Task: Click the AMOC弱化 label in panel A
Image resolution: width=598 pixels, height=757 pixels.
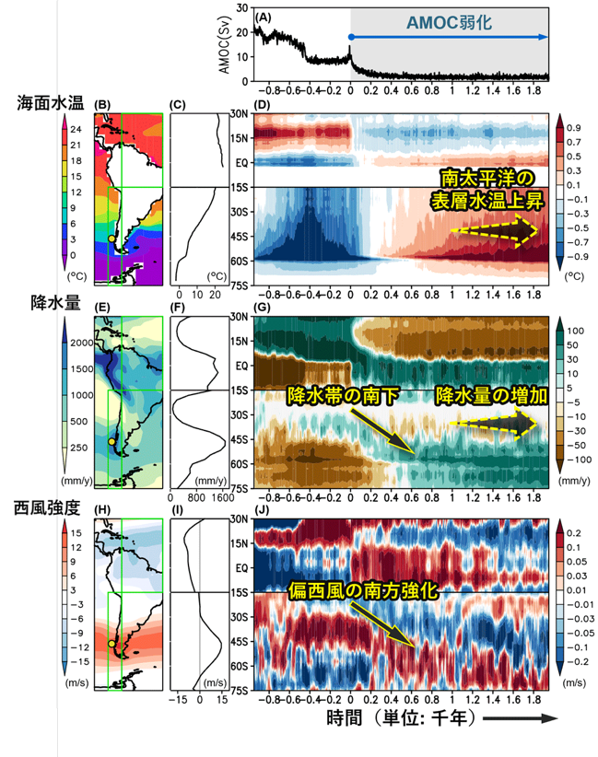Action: pyautogui.click(x=449, y=23)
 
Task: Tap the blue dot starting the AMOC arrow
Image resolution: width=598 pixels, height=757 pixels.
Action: pyautogui.click(x=351, y=37)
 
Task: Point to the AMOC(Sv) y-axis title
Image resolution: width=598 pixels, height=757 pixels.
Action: pyautogui.click(x=224, y=44)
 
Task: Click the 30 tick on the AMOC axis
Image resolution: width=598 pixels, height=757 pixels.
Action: pyautogui.click(x=242, y=7)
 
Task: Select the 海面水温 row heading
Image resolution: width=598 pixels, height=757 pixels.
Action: pyautogui.click(x=51, y=103)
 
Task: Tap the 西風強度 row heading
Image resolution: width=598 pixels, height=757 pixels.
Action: pyautogui.click(x=47, y=507)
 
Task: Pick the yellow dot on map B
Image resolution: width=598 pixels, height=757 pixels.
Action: pyautogui.click(x=112, y=239)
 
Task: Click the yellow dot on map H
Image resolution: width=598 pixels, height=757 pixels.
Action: pyautogui.click(x=112, y=644)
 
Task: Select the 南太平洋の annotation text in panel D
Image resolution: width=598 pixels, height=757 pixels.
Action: pyautogui.click(x=487, y=179)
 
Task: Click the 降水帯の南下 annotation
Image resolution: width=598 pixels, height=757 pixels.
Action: pyautogui.click(x=343, y=396)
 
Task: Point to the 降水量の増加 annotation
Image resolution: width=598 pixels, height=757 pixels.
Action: pyautogui.click(x=491, y=396)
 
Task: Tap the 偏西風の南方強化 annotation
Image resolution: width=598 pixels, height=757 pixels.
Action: pyautogui.click(x=363, y=590)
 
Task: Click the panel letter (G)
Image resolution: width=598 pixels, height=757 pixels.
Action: pyautogui.click(x=262, y=308)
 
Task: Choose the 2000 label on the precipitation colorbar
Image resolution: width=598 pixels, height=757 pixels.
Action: pyautogui.click(x=82, y=343)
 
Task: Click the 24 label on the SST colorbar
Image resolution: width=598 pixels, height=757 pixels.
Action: pyautogui.click(x=76, y=129)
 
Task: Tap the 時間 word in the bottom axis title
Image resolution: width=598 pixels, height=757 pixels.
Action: pyautogui.click(x=344, y=718)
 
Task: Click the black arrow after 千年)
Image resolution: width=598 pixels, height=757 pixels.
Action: pyautogui.click(x=521, y=718)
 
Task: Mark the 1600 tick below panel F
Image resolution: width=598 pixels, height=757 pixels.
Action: pyautogui.click(x=223, y=498)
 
